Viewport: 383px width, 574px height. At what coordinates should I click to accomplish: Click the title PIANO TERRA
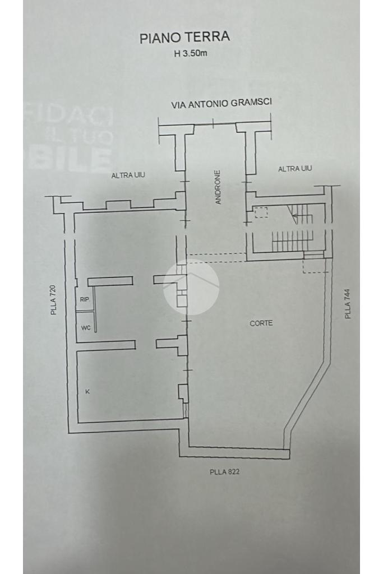(184, 38)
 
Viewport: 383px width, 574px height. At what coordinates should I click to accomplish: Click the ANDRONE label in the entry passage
(218, 187)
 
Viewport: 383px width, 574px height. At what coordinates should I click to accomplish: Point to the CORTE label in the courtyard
(261, 323)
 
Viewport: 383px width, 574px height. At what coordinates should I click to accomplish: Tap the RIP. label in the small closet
(85, 300)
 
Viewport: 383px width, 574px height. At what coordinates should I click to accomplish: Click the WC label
(85, 328)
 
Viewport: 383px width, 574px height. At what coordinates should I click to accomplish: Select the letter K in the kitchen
(87, 391)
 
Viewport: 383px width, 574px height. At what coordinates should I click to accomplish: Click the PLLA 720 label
(54, 300)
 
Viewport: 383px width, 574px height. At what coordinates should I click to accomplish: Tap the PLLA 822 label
(224, 472)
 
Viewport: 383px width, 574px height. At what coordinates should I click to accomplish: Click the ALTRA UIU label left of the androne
(128, 175)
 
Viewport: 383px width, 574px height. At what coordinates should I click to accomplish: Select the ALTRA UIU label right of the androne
(295, 169)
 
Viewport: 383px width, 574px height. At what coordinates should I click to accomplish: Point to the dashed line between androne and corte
(216, 257)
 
